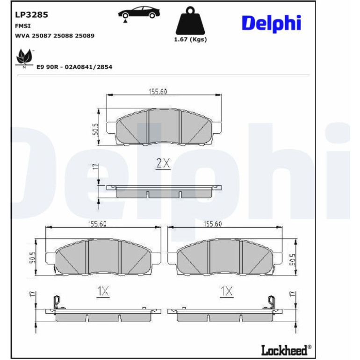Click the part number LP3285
pyautogui.click(x=31, y=14)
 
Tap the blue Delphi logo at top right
pyautogui.click(x=271, y=23)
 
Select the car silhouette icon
pyautogui.click(x=139, y=13)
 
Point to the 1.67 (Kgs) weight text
pyautogui.click(x=190, y=39)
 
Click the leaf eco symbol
pyautogui.click(x=24, y=58)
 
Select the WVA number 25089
pyautogui.click(x=85, y=36)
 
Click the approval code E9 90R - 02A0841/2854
pyautogui.click(x=74, y=67)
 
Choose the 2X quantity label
pyautogui.click(x=163, y=163)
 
